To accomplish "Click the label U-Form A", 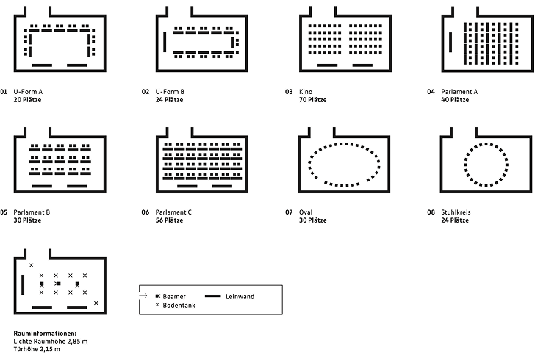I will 28,92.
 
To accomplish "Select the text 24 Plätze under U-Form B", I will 170,99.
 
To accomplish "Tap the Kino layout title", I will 305,92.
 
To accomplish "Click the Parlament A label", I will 459,92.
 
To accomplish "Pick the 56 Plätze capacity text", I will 170,220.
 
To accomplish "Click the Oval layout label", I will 306,212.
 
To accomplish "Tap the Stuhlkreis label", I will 456,212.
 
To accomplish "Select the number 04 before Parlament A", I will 431,92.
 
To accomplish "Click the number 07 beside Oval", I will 289,212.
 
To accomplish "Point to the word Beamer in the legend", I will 174,296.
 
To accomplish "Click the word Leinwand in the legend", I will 240,296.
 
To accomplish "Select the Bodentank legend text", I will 179,304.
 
